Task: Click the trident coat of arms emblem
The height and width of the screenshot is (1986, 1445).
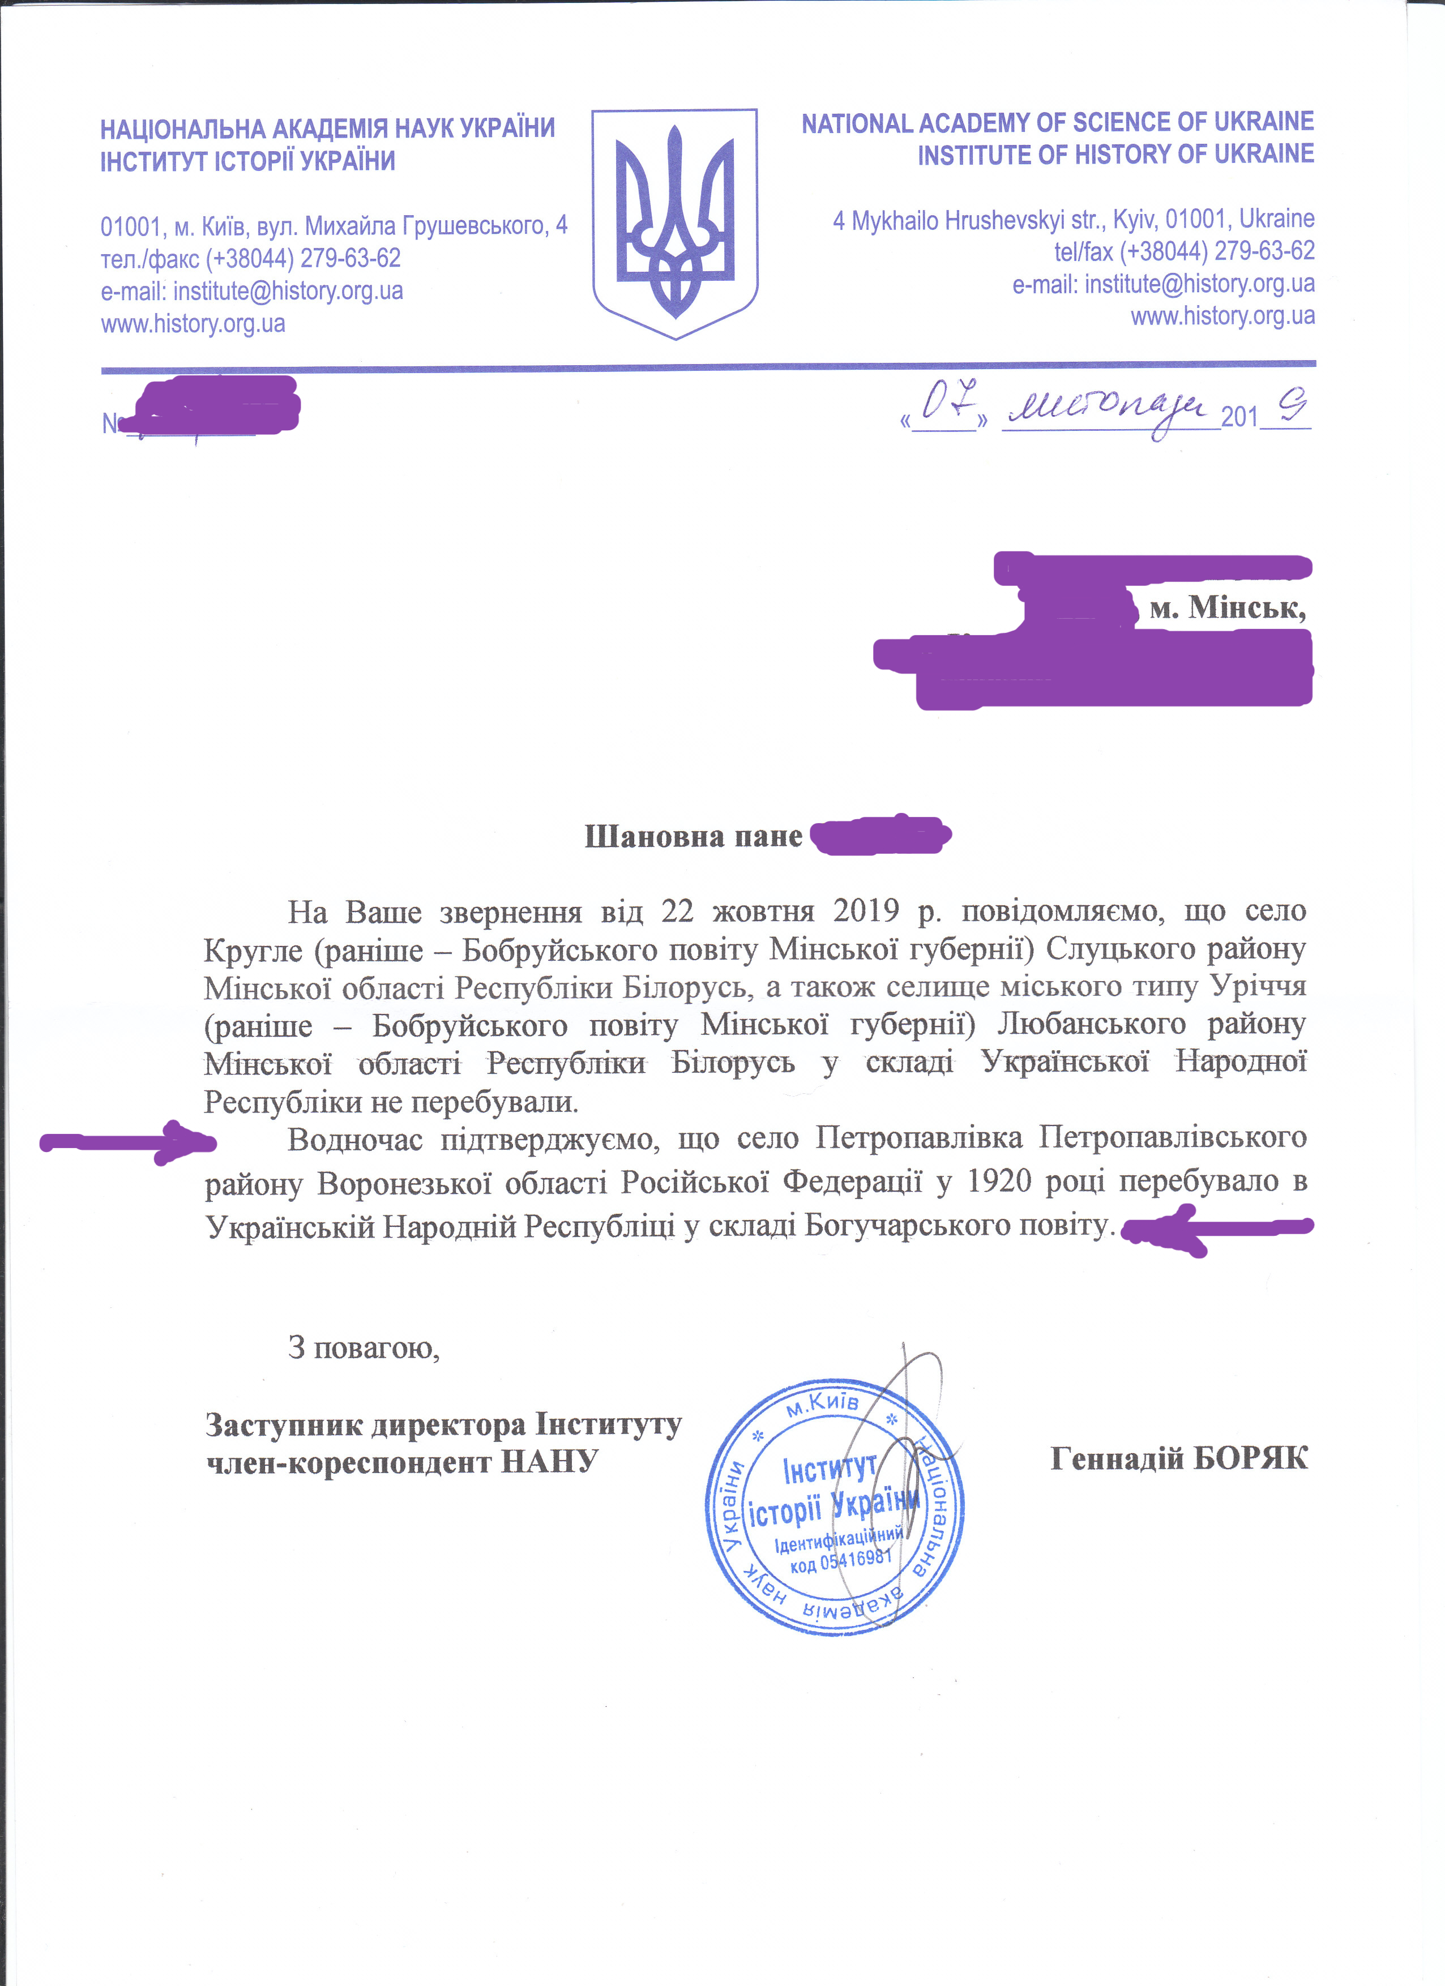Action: [x=674, y=223]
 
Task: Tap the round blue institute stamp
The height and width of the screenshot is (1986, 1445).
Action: [x=835, y=1506]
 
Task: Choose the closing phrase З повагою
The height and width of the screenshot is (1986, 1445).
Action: [x=364, y=1347]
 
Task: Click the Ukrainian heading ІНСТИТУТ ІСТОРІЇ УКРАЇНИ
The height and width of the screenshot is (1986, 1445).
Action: [x=248, y=162]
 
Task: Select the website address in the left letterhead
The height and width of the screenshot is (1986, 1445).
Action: [x=193, y=324]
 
